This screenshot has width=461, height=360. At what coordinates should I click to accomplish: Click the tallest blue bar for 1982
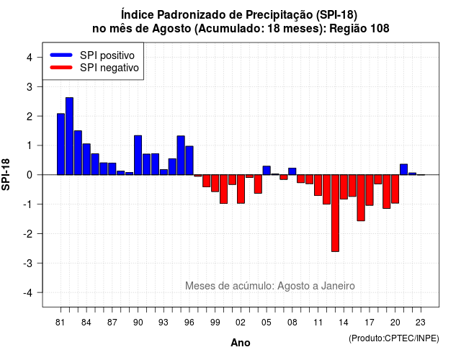click(69, 136)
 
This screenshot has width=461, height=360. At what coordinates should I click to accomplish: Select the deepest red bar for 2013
click(335, 213)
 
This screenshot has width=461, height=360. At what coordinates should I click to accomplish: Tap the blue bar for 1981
click(61, 144)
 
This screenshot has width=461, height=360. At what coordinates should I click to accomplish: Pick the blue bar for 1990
click(138, 156)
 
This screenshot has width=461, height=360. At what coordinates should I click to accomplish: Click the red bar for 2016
click(361, 198)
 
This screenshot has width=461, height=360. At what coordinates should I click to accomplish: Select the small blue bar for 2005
click(267, 171)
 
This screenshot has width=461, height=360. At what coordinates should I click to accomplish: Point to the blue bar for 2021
click(404, 170)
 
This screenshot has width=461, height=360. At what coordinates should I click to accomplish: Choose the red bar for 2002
click(241, 189)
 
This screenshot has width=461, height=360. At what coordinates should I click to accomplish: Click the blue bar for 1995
click(181, 156)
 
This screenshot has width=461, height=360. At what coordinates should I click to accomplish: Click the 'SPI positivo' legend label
click(107, 55)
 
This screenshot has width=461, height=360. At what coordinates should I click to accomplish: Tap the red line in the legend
click(61, 68)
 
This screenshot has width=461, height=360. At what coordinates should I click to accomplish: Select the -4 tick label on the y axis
click(28, 293)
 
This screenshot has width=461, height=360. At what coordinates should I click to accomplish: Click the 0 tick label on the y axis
click(30, 175)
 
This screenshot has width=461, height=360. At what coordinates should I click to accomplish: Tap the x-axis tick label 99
click(215, 323)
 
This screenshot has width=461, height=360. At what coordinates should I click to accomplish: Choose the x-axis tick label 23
click(421, 323)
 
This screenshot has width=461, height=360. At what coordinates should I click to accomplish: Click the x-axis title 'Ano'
click(241, 343)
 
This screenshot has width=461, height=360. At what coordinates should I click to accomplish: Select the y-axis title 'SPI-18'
click(6, 174)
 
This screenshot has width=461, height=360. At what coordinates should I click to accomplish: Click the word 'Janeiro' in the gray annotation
click(338, 286)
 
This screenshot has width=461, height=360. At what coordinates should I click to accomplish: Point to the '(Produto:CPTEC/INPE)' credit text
click(394, 338)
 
